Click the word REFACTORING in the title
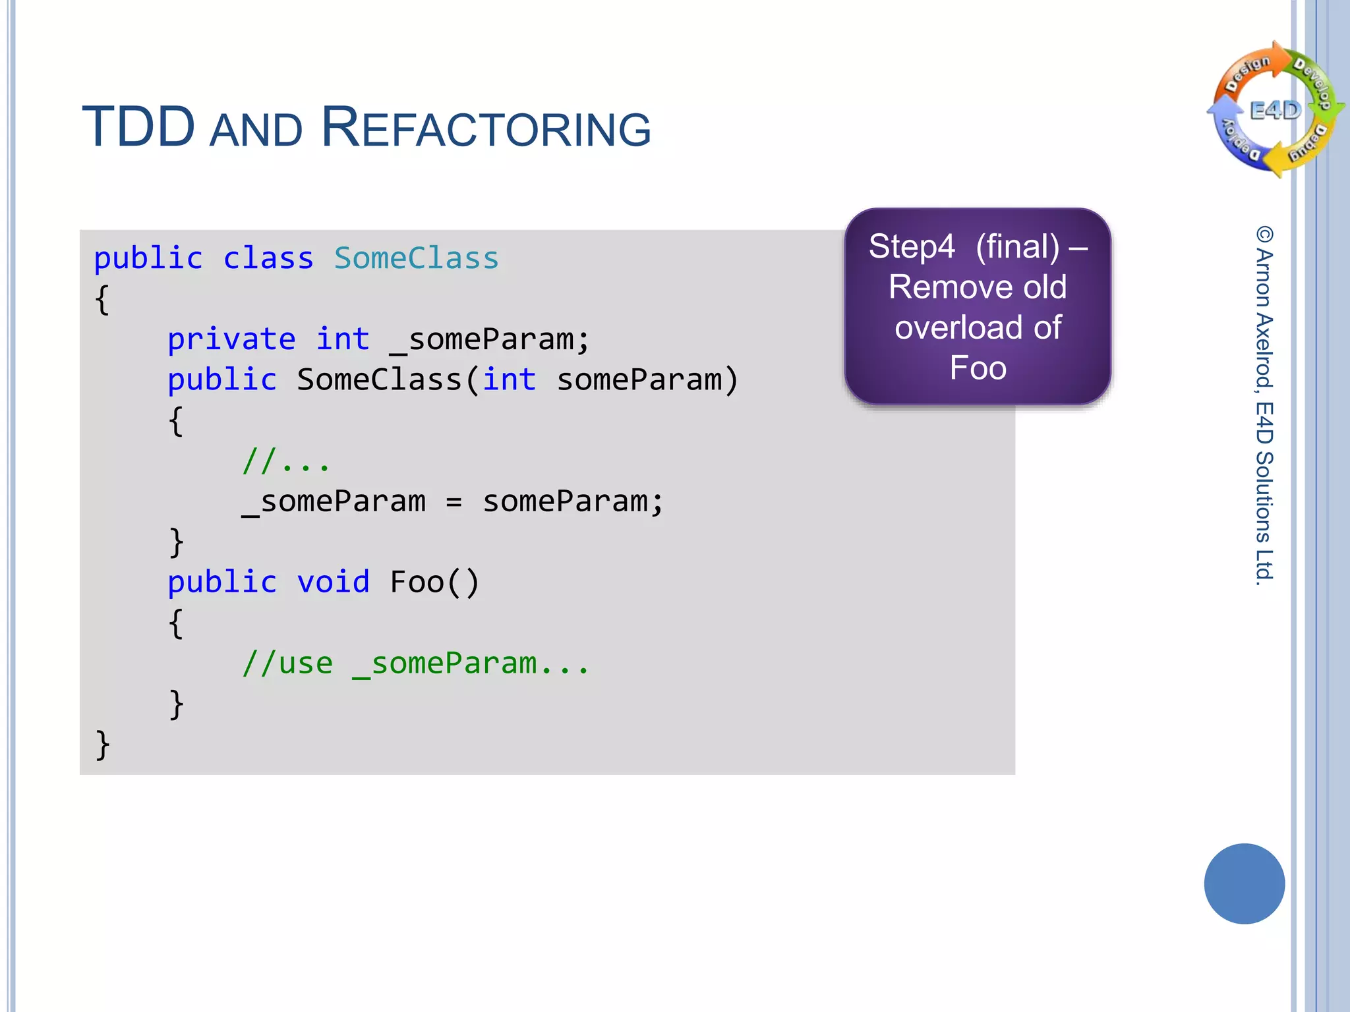(486, 128)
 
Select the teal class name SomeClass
(416, 258)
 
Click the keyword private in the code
(231, 339)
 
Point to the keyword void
(333, 582)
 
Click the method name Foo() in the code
(434, 582)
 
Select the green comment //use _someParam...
(415, 663)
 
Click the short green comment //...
(285, 461)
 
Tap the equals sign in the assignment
(454, 502)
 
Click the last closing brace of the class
(102, 745)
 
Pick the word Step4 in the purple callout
(911, 247)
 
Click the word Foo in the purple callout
(978, 368)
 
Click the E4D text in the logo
(1276, 111)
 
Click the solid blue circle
(1244, 884)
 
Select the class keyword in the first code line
(268, 258)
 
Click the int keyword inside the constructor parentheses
(509, 380)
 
